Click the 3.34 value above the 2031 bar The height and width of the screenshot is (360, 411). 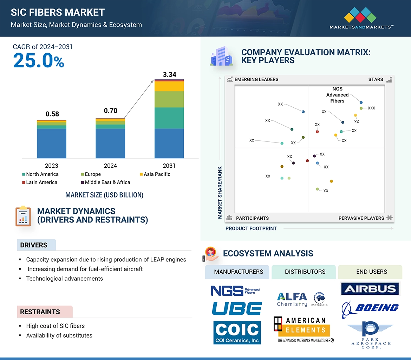(x=169, y=74)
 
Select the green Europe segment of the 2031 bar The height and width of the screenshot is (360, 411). (x=169, y=99)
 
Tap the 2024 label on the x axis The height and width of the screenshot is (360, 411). (x=110, y=166)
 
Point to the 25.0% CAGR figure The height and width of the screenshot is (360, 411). (x=39, y=60)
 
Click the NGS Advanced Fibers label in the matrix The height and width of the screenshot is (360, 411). (x=337, y=95)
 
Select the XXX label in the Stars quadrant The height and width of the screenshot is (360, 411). (x=371, y=108)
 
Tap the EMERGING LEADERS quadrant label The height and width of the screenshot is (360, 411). (x=256, y=79)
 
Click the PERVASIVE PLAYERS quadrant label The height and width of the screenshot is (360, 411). (x=361, y=218)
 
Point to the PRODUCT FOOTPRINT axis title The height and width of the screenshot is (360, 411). (x=251, y=228)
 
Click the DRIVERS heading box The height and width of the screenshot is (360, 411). (x=34, y=245)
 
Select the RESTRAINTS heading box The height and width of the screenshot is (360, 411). (x=40, y=312)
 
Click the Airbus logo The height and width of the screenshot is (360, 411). (x=370, y=289)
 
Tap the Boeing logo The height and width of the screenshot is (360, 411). (x=371, y=308)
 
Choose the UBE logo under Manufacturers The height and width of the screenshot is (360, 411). (x=237, y=308)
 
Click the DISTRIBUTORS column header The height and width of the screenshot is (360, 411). (x=305, y=272)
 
